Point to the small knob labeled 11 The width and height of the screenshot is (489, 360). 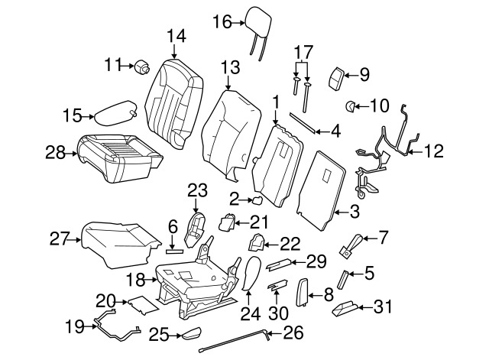tap(142, 68)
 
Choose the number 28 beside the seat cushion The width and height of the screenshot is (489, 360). tap(54, 153)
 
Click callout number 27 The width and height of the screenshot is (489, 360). tap(60, 239)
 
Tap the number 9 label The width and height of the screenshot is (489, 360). tap(364, 74)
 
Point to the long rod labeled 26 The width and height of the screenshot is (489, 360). tap(237, 341)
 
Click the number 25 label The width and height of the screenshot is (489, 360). tap(158, 333)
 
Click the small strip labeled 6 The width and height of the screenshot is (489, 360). tap(173, 249)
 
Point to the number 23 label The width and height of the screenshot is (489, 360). tap(197, 189)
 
